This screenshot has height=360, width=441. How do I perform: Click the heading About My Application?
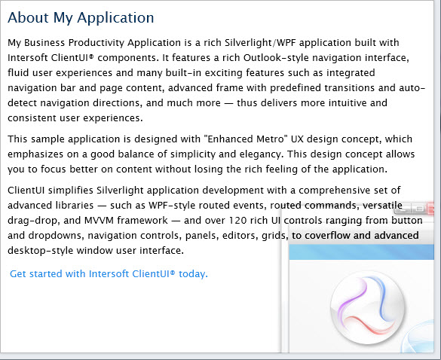pyautogui.click(x=81, y=18)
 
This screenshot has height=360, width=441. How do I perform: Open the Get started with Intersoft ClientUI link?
pyautogui.click(x=109, y=273)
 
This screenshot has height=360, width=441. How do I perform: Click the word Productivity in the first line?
pyautogui.click(x=96, y=43)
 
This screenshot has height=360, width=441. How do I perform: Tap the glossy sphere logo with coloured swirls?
pyautogui.click(x=367, y=307)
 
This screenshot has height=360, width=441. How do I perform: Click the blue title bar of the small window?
pyautogui.click(x=361, y=252)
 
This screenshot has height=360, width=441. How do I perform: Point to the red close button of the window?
pyautogui.click(x=430, y=209)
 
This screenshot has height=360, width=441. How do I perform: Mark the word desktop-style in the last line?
pyautogui.click(x=41, y=251)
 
